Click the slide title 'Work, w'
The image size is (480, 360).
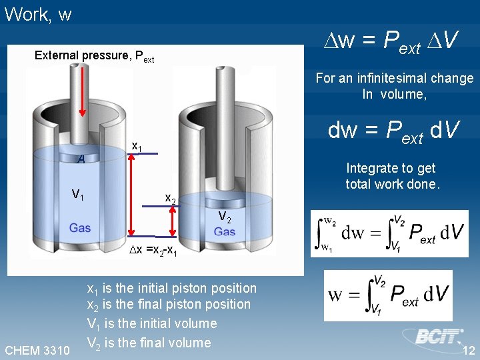click(37, 15)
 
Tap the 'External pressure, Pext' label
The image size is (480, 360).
click(94, 56)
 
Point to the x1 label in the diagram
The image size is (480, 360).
click(136, 146)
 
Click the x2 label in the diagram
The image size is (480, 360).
click(170, 199)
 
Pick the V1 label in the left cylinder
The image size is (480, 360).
click(78, 195)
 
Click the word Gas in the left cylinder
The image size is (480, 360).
click(79, 228)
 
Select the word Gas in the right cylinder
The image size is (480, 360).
click(225, 232)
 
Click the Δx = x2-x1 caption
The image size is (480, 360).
click(153, 251)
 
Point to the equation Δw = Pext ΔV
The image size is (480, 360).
click(389, 42)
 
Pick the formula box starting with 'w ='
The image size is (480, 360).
click(388, 295)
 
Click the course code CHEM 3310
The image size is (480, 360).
click(37, 351)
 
